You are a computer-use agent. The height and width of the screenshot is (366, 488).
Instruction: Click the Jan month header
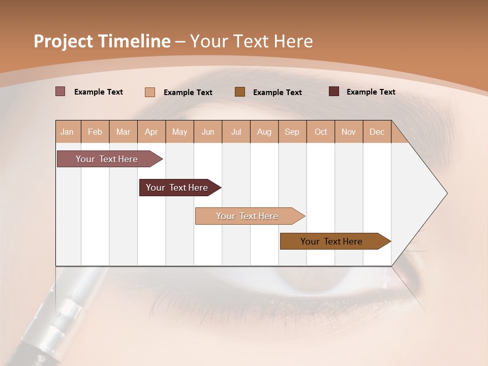click(68, 132)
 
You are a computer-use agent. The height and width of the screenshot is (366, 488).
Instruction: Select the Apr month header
click(151, 132)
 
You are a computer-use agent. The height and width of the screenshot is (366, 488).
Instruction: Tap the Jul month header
click(236, 132)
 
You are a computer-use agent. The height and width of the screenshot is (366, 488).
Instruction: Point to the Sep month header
click(292, 132)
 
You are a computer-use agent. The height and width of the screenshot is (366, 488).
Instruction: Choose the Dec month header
click(377, 132)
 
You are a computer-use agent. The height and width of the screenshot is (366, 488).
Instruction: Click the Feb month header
click(95, 132)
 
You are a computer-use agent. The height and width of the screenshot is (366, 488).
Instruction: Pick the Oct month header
click(321, 132)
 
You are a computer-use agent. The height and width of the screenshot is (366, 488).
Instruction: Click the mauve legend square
click(60, 91)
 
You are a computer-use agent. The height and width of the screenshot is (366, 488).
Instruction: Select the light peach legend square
click(150, 92)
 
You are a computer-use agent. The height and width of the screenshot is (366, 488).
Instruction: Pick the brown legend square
click(240, 91)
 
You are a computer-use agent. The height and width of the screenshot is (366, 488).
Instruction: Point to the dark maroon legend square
click(334, 91)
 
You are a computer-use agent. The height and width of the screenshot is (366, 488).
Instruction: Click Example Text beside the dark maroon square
click(371, 92)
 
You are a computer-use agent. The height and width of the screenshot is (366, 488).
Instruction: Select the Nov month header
click(349, 132)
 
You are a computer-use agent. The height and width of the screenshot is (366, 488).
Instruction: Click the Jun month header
click(208, 132)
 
